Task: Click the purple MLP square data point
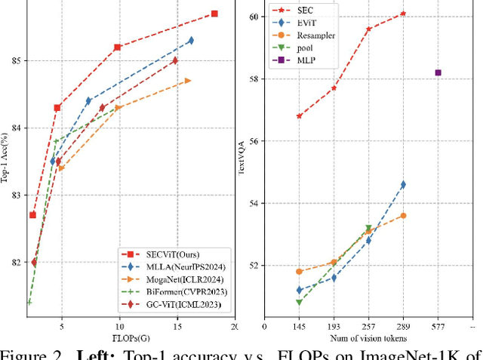[x=438, y=72]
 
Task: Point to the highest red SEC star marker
[x=403, y=14]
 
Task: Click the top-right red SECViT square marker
[x=214, y=14]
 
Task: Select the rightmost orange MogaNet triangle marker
[x=188, y=80]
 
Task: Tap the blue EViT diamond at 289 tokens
[x=403, y=184]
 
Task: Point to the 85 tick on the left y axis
[x=17, y=60]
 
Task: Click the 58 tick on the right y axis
[x=254, y=78]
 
